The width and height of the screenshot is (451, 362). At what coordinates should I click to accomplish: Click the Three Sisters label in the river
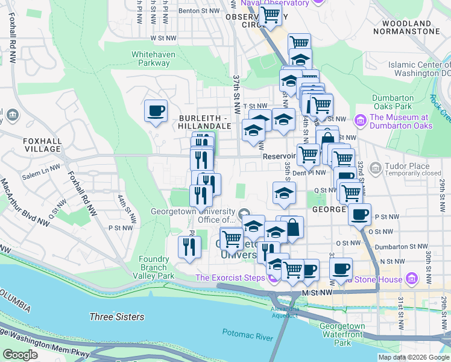click(116, 317)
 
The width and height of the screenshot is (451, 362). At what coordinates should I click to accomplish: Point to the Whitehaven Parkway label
click(151, 58)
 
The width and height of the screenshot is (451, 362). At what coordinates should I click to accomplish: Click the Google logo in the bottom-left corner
click(20, 354)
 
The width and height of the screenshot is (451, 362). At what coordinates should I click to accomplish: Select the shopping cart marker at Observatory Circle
click(270, 15)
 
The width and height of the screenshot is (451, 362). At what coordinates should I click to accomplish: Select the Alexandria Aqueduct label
click(285, 311)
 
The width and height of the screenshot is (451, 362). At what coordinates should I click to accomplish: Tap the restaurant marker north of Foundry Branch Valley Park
click(189, 246)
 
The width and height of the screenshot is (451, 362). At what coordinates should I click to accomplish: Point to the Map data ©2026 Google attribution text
click(413, 357)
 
